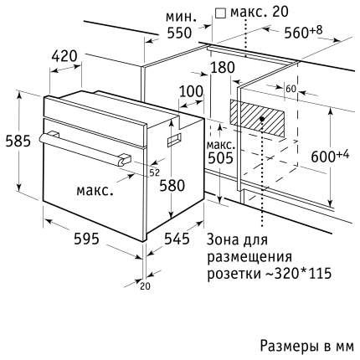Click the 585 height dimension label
[18, 141]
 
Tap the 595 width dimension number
[86, 239]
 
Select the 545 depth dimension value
[177, 239]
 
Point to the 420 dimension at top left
[64, 56]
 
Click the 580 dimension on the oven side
[172, 185]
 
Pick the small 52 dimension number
[154, 173]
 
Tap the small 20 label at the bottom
[145, 286]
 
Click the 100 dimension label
[191, 91]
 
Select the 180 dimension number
[223, 68]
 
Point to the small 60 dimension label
[291, 89]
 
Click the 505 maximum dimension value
[220, 158]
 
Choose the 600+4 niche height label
[330, 156]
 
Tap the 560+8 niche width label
[303, 32]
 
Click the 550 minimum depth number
[179, 33]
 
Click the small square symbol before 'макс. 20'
[221, 13]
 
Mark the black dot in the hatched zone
[262, 119]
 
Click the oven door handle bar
[84, 148]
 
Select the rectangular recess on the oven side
[174, 139]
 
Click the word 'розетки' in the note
[233, 274]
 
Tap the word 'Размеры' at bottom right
[291, 346]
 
